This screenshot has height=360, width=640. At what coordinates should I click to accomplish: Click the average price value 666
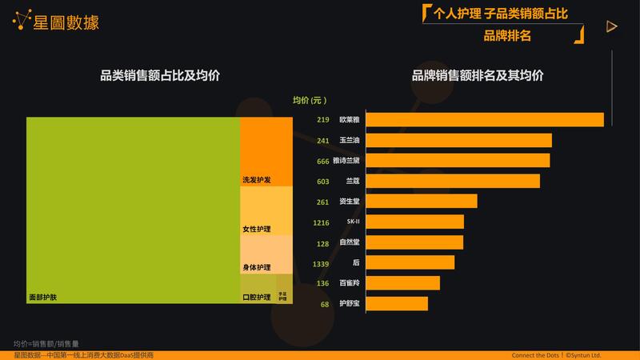[323, 161]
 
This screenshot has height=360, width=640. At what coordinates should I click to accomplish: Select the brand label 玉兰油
[350, 141]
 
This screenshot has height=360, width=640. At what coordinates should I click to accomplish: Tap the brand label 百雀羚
[350, 283]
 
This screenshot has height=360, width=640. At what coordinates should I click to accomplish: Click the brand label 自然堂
[350, 242]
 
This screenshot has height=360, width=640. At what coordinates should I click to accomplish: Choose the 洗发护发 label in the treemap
[257, 180]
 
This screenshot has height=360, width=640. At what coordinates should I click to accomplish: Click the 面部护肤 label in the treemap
[43, 298]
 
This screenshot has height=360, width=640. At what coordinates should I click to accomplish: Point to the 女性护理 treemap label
[257, 230]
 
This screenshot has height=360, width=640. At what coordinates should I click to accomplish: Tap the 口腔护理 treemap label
[257, 298]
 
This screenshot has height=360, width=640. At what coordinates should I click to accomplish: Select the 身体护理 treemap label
[257, 267]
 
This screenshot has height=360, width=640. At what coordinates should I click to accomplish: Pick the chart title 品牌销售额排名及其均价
[478, 76]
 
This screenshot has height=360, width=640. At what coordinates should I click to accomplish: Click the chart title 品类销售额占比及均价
[160, 76]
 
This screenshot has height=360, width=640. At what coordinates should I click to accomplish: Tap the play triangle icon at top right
[612, 26]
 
